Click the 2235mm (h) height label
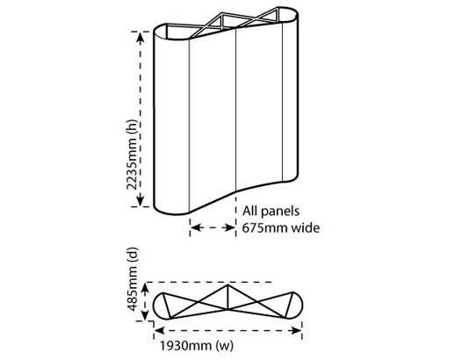coord(132,155)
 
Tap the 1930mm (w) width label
coord(196,346)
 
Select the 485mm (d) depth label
coord(133,279)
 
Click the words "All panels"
coord(271,211)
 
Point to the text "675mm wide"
coord(281,227)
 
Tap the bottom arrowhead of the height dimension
coord(141,200)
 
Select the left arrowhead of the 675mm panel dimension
coord(196,227)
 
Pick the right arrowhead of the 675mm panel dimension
coord(230,227)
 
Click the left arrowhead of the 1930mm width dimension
coord(160,330)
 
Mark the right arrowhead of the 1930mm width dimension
coord(296,330)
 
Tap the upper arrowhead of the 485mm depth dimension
coord(145,288)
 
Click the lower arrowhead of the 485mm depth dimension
coord(145,315)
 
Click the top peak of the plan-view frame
coord(227,285)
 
